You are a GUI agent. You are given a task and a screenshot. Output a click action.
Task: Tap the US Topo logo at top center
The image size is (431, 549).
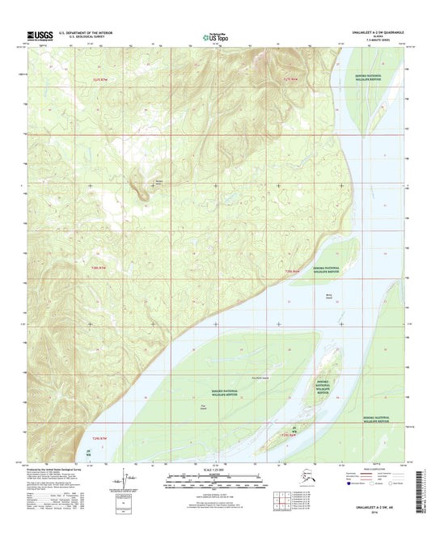[x=214, y=36]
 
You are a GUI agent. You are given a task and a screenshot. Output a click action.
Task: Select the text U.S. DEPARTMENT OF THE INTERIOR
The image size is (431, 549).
[x=90, y=32]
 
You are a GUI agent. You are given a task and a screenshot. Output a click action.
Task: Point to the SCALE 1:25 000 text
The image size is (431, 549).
[x=215, y=471]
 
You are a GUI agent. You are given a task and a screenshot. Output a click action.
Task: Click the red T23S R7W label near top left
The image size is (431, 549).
[x=99, y=80]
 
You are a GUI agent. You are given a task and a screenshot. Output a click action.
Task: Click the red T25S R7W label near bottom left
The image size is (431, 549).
[x=99, y=437]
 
